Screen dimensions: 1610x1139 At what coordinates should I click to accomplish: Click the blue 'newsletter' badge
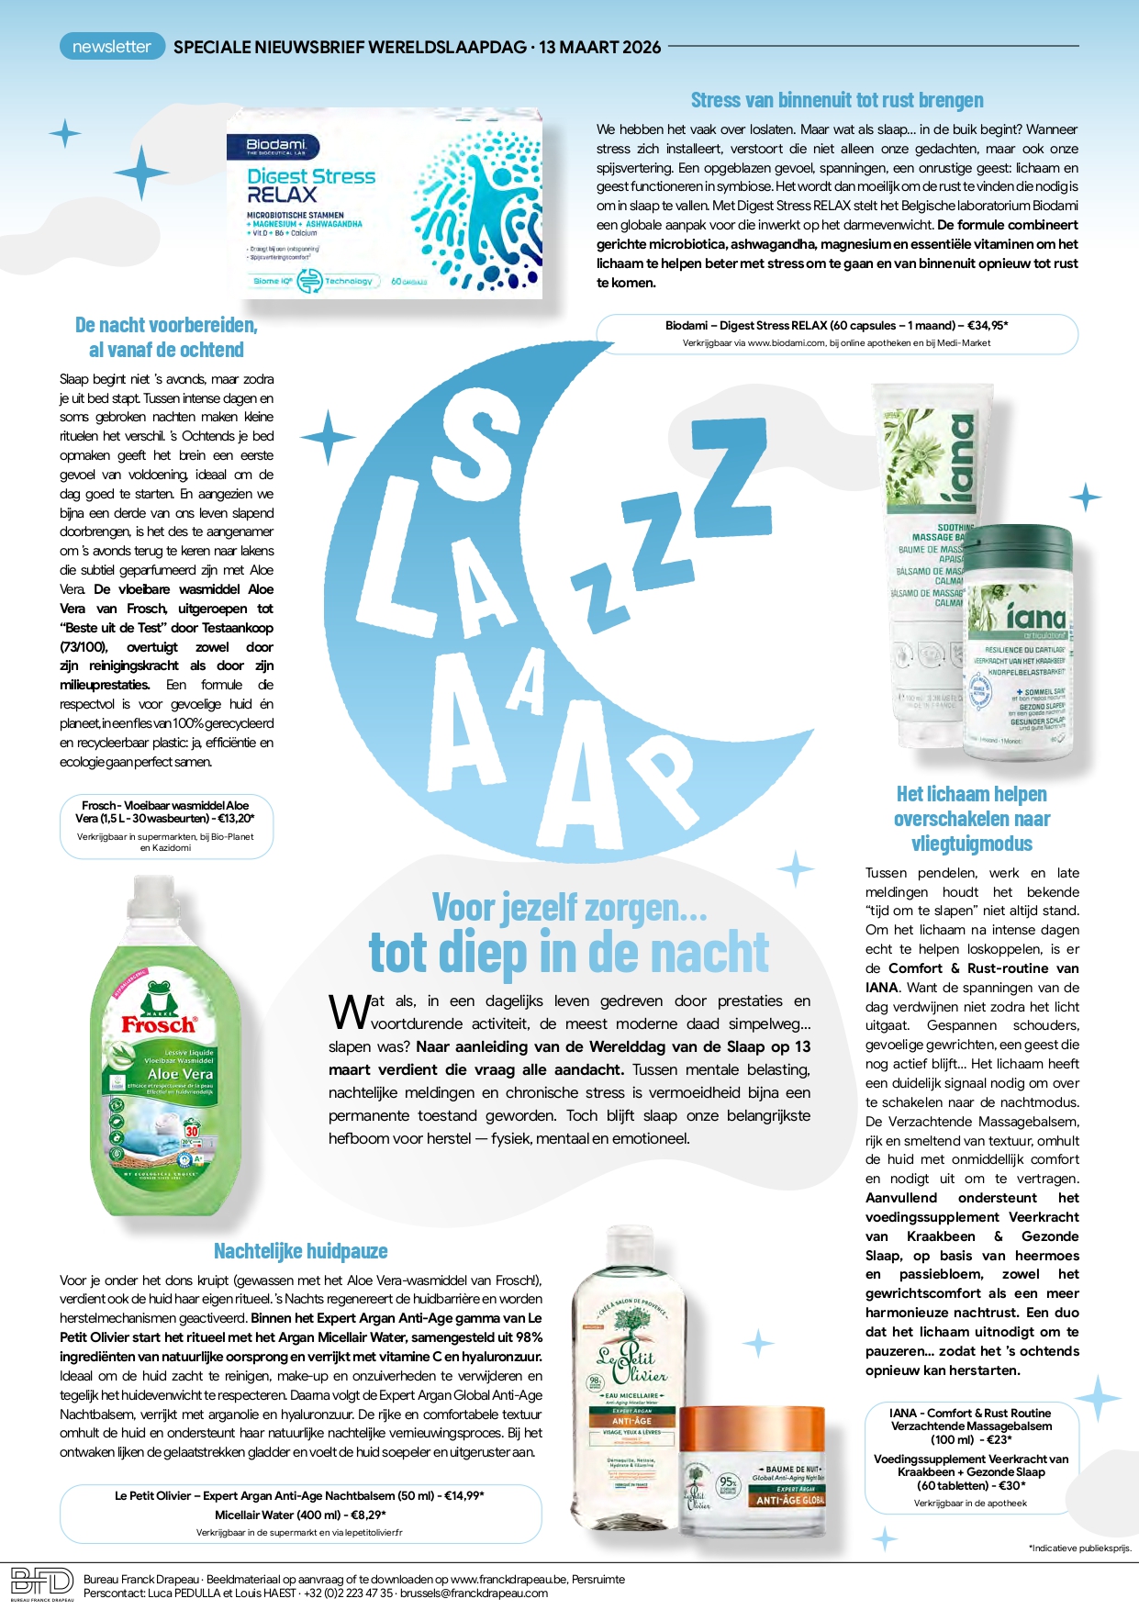click(112, 47)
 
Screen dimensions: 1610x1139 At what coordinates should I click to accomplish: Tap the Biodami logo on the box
click(275, 146)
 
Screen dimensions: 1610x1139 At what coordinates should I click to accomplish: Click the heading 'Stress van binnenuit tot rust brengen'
click(836, 100)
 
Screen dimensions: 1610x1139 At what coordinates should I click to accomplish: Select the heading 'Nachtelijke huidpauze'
click(300, 1251)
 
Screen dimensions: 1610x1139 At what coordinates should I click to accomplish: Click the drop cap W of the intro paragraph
click(349, 1012)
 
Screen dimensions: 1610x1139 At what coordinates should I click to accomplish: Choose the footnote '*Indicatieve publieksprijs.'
click(1080, 1549)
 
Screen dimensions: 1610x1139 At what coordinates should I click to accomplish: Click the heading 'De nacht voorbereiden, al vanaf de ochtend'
click(166, 337)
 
